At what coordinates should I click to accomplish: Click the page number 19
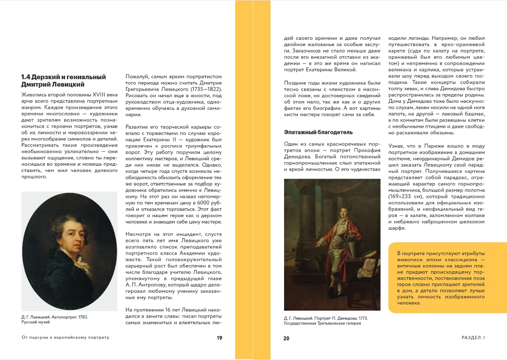pyautogui.click(x=219, y=338)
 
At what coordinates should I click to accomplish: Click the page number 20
pyautogui.click(x=286, y=338)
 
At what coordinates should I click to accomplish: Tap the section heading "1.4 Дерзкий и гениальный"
pyautogui.click(x=63, y=77)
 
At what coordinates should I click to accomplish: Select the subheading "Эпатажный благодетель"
pyautogui.click(x=318, y=132)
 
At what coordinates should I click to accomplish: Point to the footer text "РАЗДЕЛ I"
pyautogui.click(x=473, y=338)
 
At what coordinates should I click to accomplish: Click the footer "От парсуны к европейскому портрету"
pyautogui.click(x=65, y=337)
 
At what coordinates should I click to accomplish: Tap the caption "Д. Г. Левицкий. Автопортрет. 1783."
pyautogui.click(x=55, y=316)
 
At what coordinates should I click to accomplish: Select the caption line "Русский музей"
pyautogui.click(x=36, y=322)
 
